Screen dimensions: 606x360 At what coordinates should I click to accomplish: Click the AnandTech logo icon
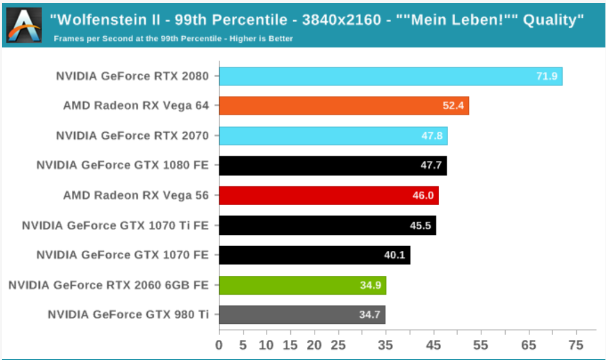(x=24, y=25)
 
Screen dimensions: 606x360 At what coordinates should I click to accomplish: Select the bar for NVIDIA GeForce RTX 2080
(x=391, y=76)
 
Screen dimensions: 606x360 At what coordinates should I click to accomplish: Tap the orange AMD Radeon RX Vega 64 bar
(x=344, y=106)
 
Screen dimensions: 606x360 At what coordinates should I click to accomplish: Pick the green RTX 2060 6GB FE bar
(x=303, y=285)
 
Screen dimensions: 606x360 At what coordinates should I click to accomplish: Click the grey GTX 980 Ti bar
(x=302, y=315)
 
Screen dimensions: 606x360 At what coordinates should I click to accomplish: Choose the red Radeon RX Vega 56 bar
(x=329, y=196)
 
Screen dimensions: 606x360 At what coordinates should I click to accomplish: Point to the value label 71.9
(x=547, y=76)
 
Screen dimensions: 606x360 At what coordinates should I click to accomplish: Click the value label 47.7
(x=431, y=165)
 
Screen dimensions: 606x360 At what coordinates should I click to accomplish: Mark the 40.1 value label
(x=395, y=255)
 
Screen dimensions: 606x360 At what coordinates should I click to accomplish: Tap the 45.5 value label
(x=420, y=225)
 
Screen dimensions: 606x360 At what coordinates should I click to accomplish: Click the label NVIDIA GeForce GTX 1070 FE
(x=122, y=255)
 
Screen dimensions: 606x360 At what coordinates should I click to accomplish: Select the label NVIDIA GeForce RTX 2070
(x=132, y=136)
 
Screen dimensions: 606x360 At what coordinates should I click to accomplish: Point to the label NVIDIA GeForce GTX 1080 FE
(x=122, y=165)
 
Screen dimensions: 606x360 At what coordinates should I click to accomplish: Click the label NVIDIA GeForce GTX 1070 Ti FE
(x=115, y=225)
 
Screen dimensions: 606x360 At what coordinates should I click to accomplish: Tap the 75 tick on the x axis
(x=576, y=345)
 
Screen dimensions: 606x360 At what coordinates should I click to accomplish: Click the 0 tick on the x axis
(x=219, y=345)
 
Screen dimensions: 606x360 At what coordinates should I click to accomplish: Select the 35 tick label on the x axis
(x=385, y=345)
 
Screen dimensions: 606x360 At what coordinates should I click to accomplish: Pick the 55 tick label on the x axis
(x=481, y=345)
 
